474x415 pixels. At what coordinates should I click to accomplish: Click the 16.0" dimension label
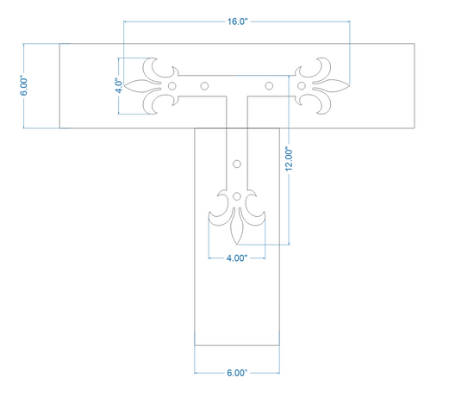(x=237, y=22)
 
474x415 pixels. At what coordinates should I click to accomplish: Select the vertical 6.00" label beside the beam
(x=24, y=85)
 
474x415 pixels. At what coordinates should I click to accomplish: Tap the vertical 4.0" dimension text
(x=119, y=86)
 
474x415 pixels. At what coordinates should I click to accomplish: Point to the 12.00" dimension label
(x=289, y=159)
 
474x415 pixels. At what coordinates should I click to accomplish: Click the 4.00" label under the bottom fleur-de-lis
(x=237, y=258)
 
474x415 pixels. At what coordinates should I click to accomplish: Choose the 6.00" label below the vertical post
(x=237, y=373)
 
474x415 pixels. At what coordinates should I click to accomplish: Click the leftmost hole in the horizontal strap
(x=172, y=86)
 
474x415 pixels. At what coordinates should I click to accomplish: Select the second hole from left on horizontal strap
(x=204, y=86)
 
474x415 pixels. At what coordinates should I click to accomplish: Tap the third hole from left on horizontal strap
(x=269, y=86)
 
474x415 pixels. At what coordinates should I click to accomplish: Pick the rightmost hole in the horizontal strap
(x=302, y=86)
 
